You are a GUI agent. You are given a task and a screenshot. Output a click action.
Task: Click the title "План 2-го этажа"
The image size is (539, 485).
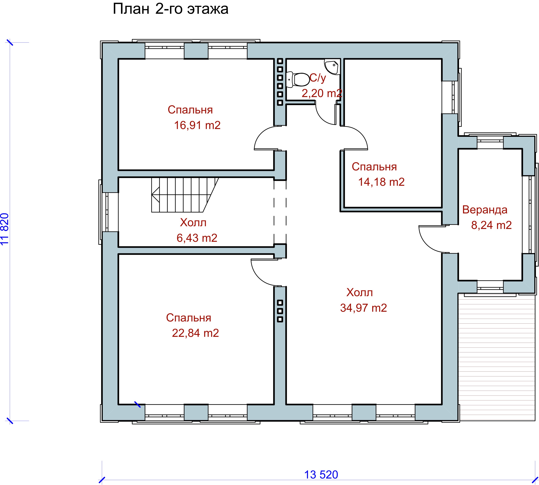tap(171, 9)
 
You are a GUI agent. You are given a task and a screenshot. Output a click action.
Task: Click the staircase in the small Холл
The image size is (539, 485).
tap(185, 195)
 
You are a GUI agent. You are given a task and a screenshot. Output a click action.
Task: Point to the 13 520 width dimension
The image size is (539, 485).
tap(321, 475)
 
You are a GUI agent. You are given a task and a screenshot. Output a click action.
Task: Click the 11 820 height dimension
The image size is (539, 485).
tap(5, 229)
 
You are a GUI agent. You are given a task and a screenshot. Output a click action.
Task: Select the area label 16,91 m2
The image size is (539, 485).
tap(197, 125)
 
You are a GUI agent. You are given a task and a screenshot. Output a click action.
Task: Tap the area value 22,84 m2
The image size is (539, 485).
tap(196, 333)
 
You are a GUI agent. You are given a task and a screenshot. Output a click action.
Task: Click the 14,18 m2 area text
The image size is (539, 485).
tap(381, 182)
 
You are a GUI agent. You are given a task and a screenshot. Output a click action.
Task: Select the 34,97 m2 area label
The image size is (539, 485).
tap(364, 308)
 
